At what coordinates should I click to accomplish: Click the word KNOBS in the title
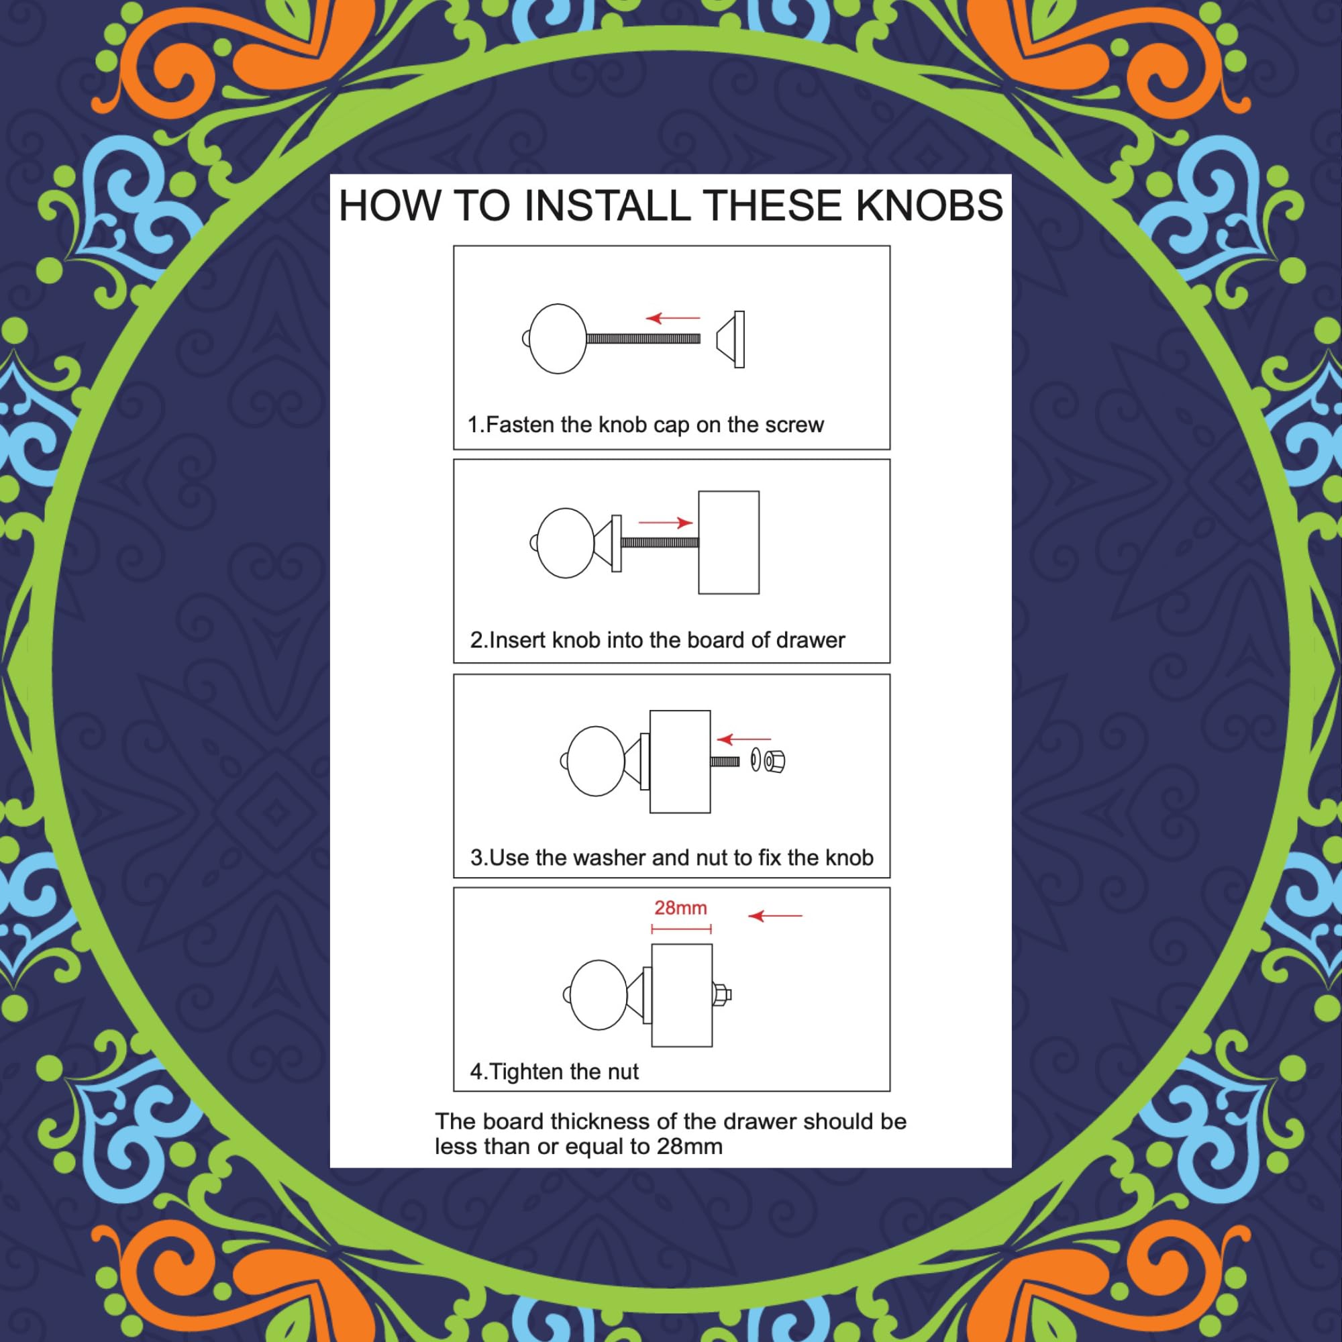929,205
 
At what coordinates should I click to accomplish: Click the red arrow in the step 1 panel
673,318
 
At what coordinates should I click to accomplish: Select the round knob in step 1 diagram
556,338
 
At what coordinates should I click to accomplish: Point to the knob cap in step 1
731,339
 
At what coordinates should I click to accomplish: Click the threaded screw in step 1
644,339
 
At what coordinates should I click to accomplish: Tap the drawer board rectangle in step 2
729,542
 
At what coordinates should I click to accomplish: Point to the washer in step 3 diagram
755,762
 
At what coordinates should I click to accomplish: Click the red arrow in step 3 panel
743,739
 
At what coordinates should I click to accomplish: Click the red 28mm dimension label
680,908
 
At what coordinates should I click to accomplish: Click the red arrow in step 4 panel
775,916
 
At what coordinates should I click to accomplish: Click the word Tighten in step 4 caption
527,1072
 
